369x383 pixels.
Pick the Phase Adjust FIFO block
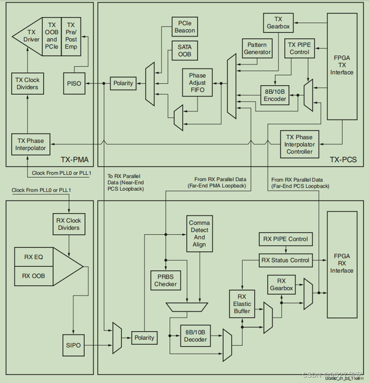(x=197, y=82)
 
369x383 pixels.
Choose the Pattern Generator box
(x=256, y=49)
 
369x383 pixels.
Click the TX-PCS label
(x=343, y=159)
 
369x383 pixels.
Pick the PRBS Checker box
(x=164, y=281)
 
